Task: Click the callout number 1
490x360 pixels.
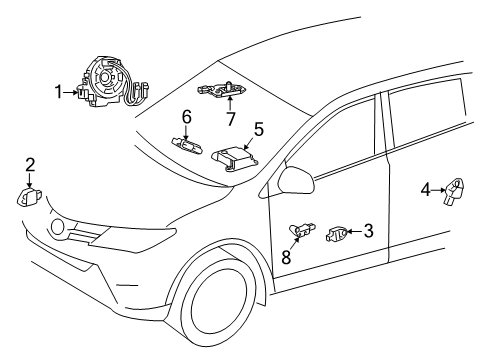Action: (x=59, y=93)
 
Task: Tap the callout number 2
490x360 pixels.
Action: (x=30, y=165)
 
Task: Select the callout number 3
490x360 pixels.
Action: (x=368, y=231)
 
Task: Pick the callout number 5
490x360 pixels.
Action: (x=258, y=129)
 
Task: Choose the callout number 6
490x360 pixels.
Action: (x=186, y=117)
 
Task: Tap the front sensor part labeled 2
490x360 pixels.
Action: (x=29, y=195)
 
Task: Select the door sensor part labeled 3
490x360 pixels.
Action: (x=338, y=235)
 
